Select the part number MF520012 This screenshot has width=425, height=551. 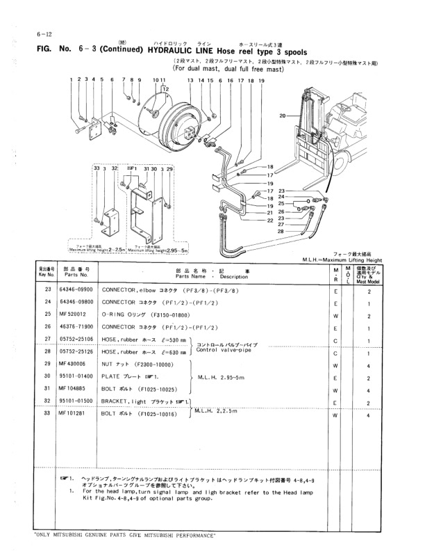point(72,314)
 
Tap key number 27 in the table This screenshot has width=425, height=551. point(48,339)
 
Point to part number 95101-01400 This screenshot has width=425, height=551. point(76,376)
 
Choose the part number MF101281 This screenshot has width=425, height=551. point(72,414)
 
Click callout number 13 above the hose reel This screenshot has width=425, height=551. point(190,81)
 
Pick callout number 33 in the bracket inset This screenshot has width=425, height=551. point(96,169)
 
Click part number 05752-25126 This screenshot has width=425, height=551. point(76,351)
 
